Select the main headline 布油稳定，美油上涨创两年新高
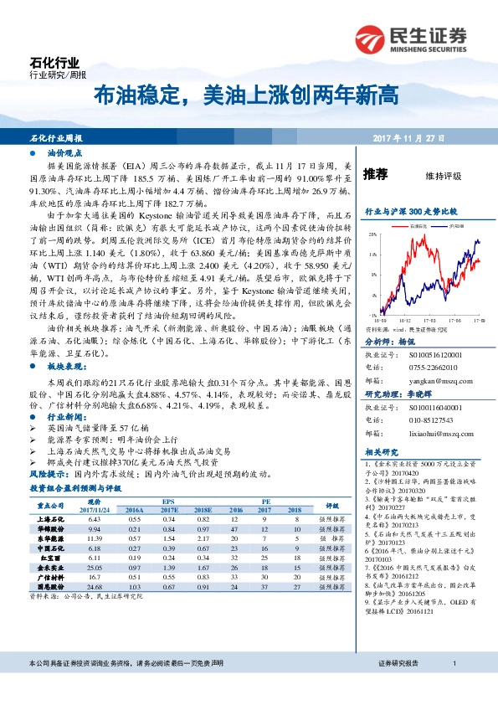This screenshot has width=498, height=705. [245, 96]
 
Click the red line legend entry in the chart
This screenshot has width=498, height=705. [416, 225]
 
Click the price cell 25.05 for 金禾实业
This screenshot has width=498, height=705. [94, 591]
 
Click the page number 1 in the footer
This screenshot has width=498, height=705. [453, 687]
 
